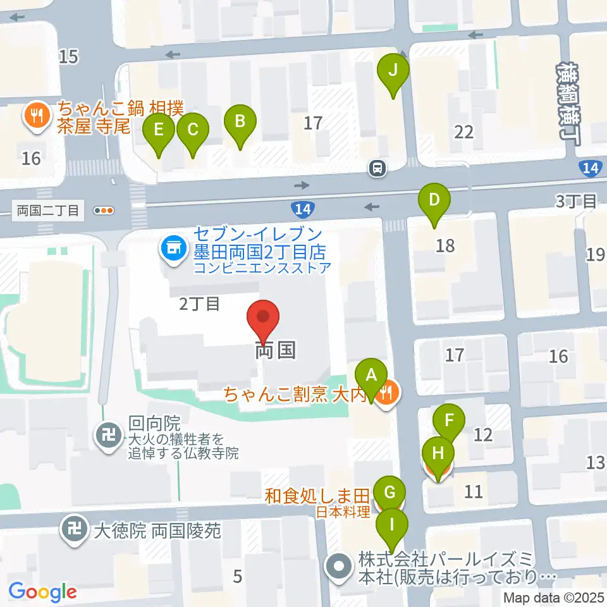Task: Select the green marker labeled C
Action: tap(192, 131)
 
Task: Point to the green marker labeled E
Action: tap(158, 131)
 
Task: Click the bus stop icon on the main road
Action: tap(377, 168)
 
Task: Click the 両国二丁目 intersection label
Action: tap(48, 211)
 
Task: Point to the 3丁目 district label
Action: tap(576, 202)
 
